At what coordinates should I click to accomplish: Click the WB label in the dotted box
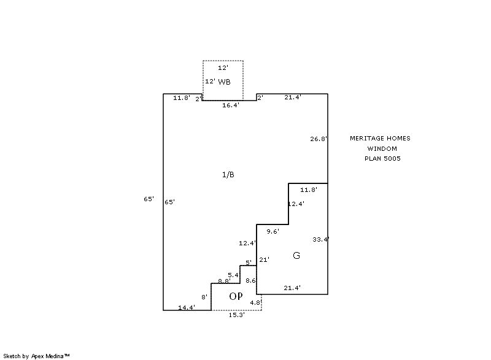[225, 82]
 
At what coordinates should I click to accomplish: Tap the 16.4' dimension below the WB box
[231, 105]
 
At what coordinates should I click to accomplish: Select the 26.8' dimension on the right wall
[319, 139]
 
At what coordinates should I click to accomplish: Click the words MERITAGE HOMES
[380, 139]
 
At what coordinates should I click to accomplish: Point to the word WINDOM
[382, 148]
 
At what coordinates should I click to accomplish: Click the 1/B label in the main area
[228, 175]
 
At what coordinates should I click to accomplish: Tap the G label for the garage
[296, 256]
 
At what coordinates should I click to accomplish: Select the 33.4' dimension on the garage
[320, 239]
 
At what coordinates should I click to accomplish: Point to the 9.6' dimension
[273, 231]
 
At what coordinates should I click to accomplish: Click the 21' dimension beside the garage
[265, 259]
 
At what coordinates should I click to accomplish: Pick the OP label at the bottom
[236, 296]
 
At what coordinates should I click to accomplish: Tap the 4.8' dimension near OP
[255, 302]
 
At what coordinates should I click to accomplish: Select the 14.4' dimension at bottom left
[187, 307]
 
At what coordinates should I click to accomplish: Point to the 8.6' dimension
[250, 280]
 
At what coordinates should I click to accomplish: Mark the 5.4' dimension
[233, 275]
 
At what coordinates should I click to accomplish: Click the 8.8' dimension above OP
[224, 281]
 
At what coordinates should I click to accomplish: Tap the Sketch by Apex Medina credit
[36, 356]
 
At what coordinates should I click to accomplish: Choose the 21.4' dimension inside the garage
[292, 288]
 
